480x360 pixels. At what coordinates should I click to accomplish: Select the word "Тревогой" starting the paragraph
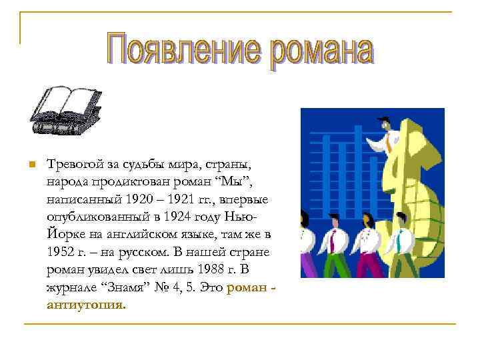(x=73, y=165)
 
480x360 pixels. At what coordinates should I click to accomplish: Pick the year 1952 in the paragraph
(x=61, y=253)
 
